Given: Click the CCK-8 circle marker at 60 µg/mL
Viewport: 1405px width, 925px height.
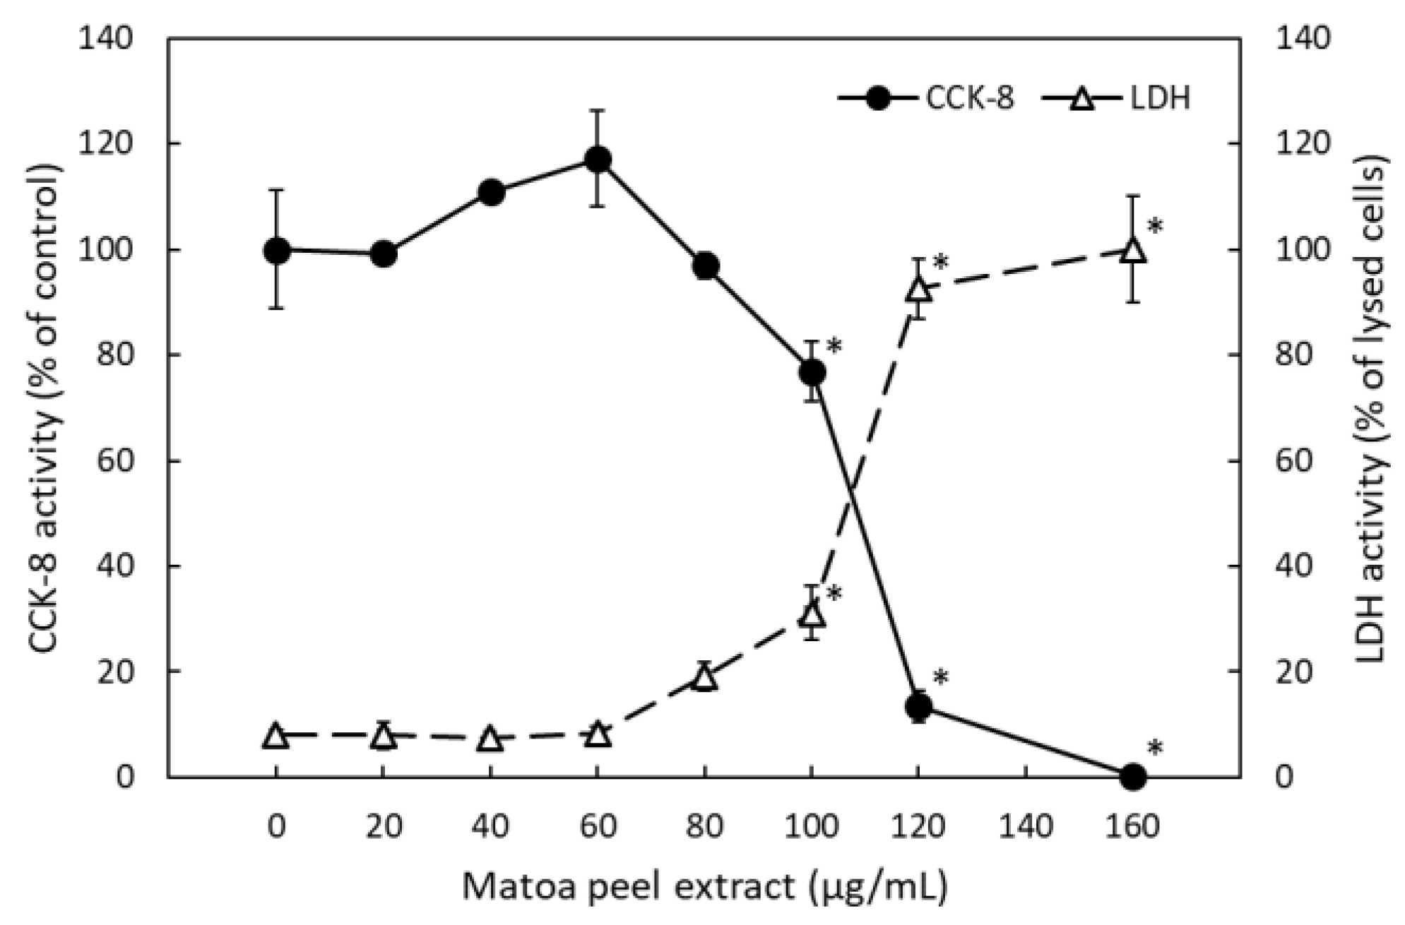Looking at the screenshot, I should (598, 160).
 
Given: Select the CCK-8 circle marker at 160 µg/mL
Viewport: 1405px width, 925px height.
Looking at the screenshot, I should (1133, 776).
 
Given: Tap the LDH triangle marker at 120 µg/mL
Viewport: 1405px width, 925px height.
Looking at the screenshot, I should (918, 289).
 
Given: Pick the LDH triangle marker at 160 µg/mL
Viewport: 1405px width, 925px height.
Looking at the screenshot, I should (1133, 250).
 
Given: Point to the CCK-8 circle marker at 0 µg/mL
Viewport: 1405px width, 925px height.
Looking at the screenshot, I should (276, 250).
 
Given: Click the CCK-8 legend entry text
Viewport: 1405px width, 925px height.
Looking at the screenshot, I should (970, 98).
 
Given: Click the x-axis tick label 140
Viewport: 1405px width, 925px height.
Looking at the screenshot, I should (1026, 826).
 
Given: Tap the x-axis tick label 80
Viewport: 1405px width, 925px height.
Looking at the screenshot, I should (704, 826).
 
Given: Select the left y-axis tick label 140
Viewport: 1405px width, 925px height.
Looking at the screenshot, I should (106, 39).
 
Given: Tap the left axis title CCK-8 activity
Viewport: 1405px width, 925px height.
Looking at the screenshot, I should (46, 408).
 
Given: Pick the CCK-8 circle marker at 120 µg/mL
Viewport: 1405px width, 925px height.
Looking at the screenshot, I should (918, 705).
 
